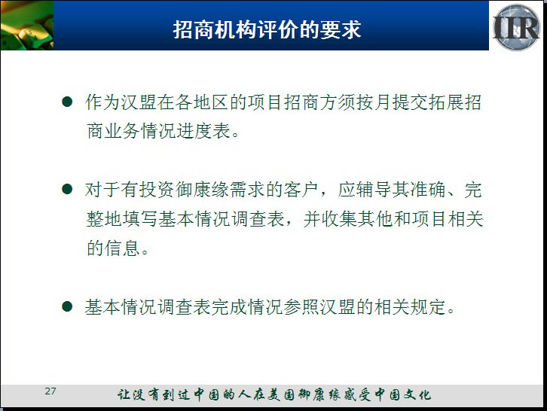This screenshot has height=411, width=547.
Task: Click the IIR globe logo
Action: coord(516,27)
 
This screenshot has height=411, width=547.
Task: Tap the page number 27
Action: coord(50,391)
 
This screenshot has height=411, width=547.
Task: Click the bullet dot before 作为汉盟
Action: coord(66,102)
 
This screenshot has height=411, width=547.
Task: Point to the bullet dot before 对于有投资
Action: coord(66,189)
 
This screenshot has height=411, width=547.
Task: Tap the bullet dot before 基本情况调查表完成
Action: coord(66,306)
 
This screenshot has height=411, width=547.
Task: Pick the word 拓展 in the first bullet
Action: coord(446,102)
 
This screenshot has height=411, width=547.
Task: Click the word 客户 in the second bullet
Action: coord(302,190)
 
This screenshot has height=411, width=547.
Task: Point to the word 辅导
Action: coord(374,190)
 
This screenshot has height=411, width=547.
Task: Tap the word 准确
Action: coord(429,190)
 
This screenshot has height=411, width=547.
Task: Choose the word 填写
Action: coord(140,219)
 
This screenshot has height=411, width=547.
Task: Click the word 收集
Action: coord(340,219)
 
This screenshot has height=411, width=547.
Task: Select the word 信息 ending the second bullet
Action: coord(123,248)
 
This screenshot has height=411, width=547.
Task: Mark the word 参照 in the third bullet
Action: coord(302,307)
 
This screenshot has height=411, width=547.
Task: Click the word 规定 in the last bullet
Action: coord(429,307)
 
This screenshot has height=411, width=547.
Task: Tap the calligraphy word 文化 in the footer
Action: coord(417,394)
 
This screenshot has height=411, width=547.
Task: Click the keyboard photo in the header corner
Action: coord(27,26)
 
